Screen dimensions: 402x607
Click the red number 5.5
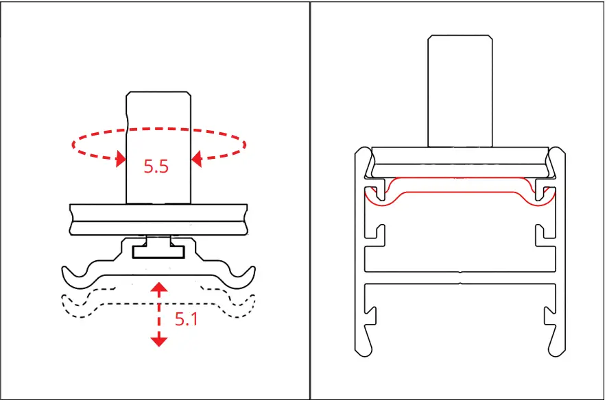click(x=156, y=166)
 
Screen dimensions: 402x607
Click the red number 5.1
click(x=186, y=318)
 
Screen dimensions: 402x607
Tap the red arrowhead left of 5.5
click(x=121, y=160)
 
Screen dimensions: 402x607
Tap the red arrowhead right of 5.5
click(x=196, y=160)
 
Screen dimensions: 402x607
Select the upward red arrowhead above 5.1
click(x=159, y=286)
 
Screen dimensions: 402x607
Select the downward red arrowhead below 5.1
click(x=159, y=340)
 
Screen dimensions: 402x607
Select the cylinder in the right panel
click(x=460, y=92)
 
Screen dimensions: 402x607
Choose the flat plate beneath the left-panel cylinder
click(x=159, y=219)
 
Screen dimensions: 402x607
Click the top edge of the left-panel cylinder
click(x=158, y=93)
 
